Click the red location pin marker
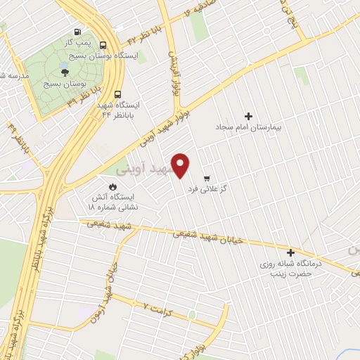coord(181,165)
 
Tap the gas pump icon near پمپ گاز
coord(77,32)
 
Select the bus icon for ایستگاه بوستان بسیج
coord(103,44)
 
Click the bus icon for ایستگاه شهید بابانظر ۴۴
coord(117,94)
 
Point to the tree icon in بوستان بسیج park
coord(65,71)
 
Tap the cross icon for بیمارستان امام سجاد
coord(247,116)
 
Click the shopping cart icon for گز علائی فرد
coord(206,178)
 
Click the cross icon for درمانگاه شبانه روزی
coord(290,252)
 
